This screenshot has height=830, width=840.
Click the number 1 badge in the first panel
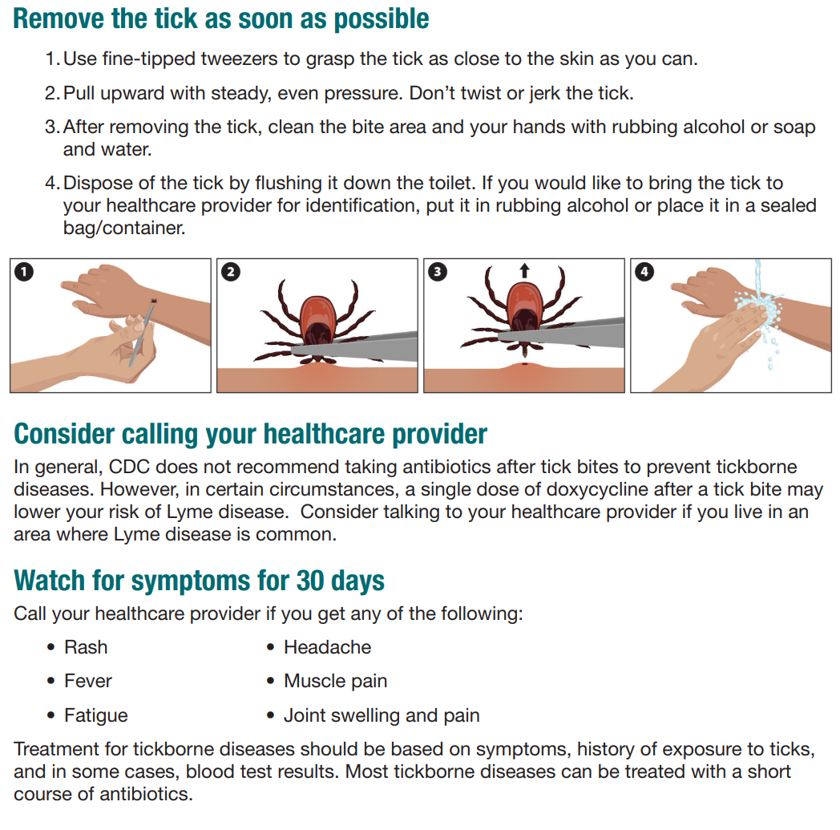[x=24, y=272]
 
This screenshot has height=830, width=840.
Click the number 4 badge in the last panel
[x=644, y=272]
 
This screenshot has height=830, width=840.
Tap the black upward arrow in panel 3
[x=524, y=271]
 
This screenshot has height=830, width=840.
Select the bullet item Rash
[x=86, y=647]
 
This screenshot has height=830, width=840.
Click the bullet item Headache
[x=327, y=647]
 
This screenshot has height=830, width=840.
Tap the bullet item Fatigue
[x=95, y=715]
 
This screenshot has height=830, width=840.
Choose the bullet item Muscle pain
[x=335, y=682]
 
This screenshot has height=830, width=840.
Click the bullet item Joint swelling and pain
[x=382, y=715]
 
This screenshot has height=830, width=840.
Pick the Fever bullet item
[x=88, y=682]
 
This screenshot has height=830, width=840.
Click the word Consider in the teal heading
[x=65, y=434]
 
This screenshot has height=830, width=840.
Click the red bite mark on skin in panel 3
[x=523, y=366]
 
